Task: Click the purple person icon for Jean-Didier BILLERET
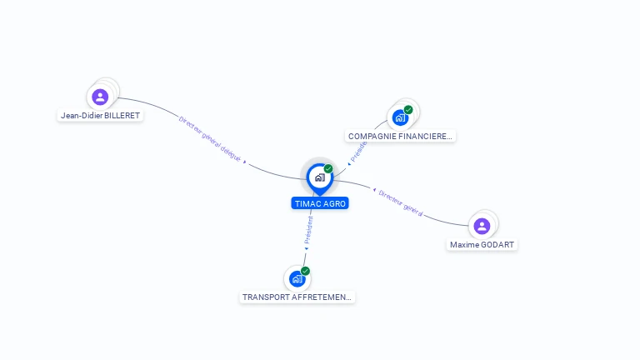coord(100,97)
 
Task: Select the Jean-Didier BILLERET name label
coord(100,116)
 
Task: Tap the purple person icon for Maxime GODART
coord(482,226)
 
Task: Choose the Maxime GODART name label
coord(482,245)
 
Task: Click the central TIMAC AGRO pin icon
coord(318,177)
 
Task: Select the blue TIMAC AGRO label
coord(320,203)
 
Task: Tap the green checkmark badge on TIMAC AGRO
coord(328,168)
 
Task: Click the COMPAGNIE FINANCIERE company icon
coord(400,117)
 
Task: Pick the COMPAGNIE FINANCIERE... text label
coord(400,136)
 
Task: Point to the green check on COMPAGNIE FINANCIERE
coord(408,109)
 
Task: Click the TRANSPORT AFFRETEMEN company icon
coord(297,278)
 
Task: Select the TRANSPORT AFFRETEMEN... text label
coord(297,297)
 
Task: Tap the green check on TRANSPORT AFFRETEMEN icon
coord(305,271)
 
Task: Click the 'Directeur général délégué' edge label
coord(210,138)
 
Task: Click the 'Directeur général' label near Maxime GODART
coord(401,202)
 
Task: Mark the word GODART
coord(498,245)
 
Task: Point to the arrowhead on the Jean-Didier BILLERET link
coord(245,162)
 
